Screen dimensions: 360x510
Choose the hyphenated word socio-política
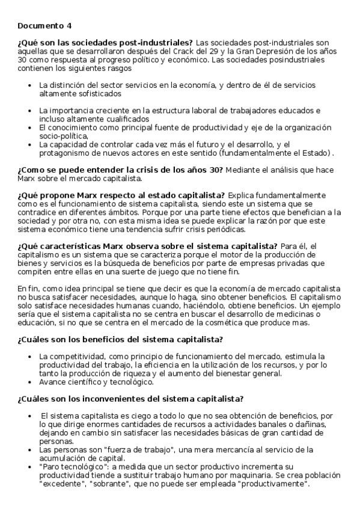click(63, 136)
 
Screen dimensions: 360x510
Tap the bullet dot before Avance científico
click(30, 382)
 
